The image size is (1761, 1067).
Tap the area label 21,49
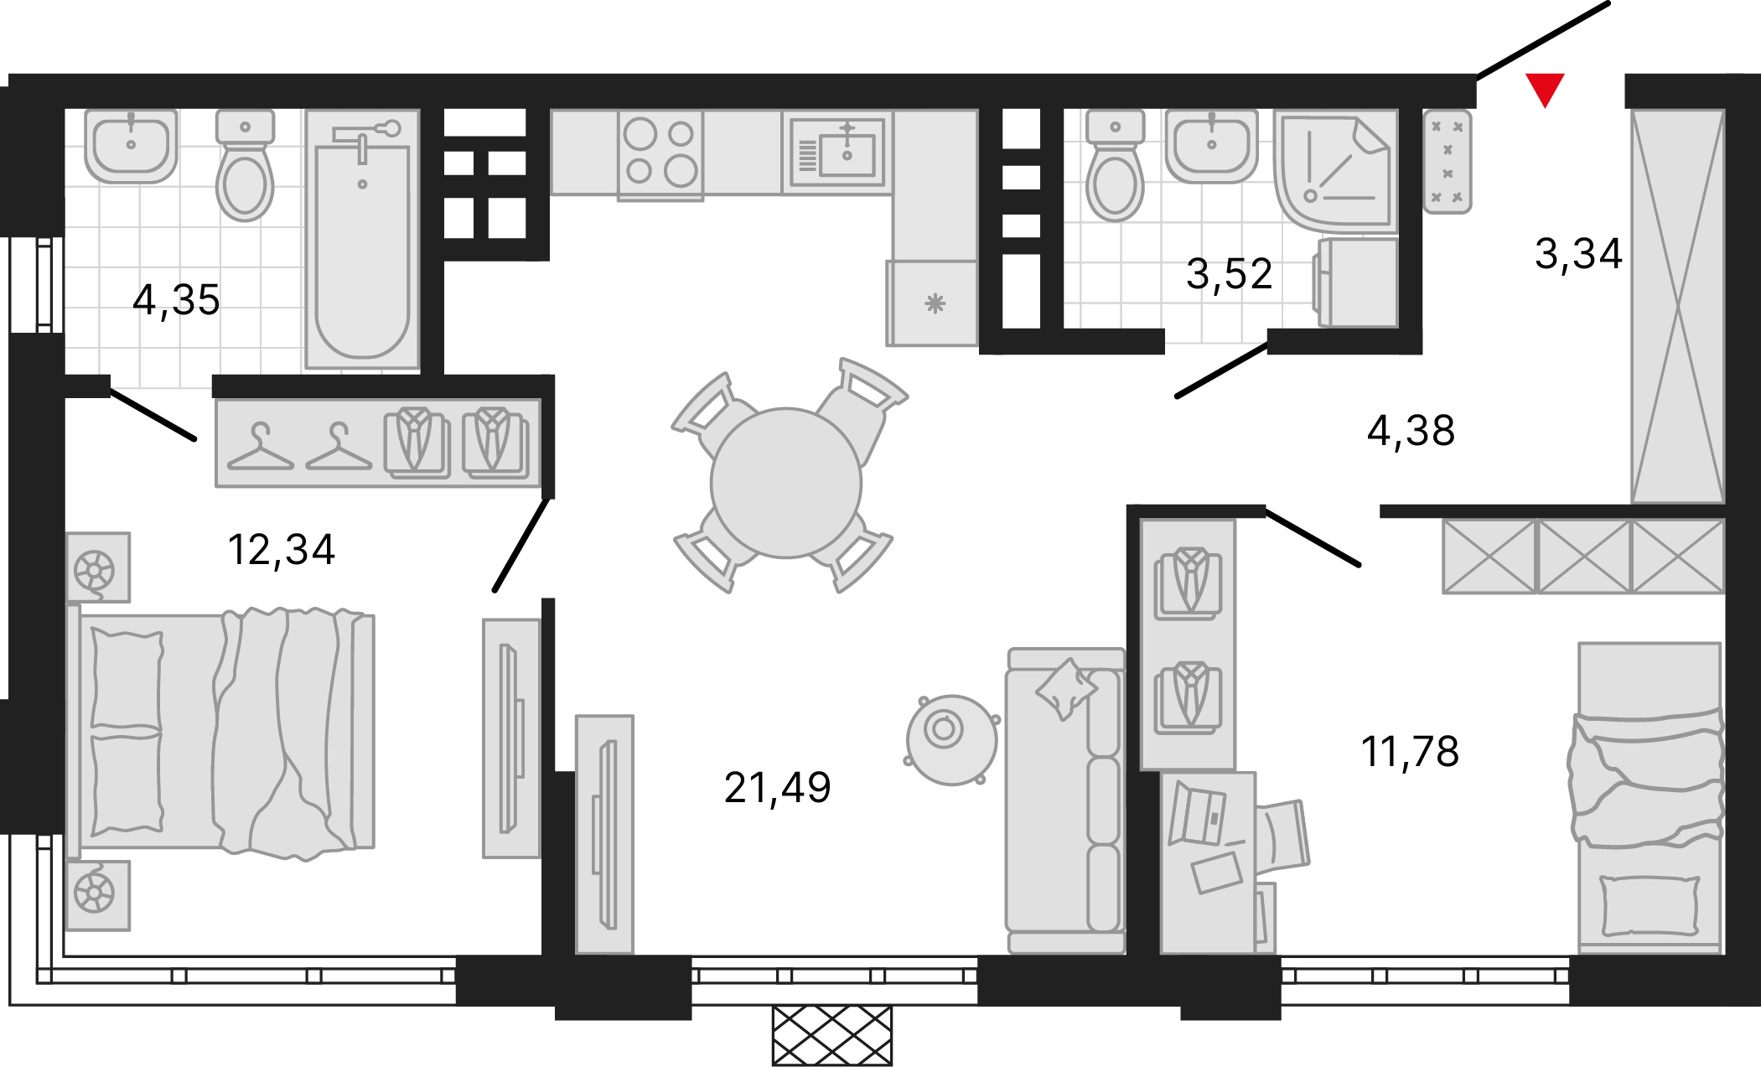(777, 788)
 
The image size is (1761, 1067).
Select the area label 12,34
(282, 550)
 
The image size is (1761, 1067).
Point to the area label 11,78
(1410, 751)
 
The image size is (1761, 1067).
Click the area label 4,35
(176, 300)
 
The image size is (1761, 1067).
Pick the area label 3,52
(1229, 274)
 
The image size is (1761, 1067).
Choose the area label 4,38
(1411, 431)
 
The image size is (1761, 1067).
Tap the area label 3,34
(1578, 253)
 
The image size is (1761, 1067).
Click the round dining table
(786, 483)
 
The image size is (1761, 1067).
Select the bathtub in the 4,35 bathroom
(362, 239)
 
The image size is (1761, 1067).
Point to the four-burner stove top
(660, 154)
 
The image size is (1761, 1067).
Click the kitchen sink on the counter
(837, 152)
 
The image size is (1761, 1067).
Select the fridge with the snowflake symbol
(932, 303)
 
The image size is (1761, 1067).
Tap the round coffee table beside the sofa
(951, 740)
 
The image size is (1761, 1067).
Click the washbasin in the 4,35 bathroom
(131, 146)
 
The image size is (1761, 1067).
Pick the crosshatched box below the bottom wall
(832, 1036)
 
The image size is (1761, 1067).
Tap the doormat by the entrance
(1448, 162)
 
